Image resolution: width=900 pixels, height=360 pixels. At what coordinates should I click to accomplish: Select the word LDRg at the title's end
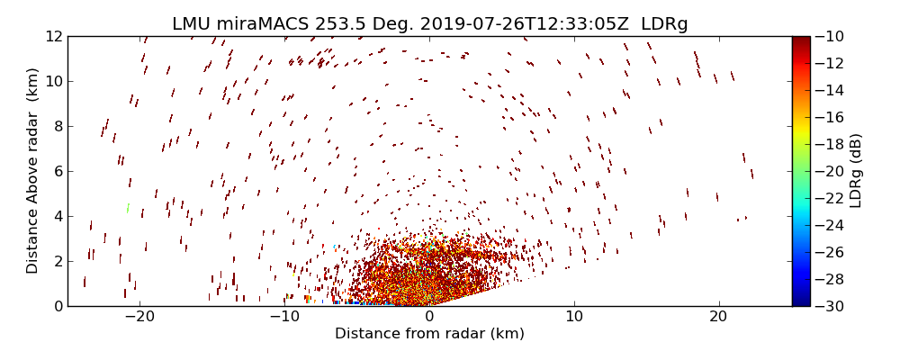point(664,24)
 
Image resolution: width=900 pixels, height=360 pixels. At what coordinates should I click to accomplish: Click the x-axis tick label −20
point(139,317)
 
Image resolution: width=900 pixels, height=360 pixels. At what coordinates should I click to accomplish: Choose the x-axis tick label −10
point(284,317)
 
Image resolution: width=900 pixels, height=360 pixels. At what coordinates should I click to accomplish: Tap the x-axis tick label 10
point(574,317)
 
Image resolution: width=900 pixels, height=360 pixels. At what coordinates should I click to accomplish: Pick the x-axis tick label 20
point(718,317)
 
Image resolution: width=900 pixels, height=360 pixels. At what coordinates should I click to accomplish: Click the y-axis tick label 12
point(53,37)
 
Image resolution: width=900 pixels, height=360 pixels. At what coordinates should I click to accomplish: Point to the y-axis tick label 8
point(57,126)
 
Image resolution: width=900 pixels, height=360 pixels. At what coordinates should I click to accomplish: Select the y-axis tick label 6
point(57,171)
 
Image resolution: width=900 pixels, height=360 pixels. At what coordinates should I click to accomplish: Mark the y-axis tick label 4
point(57,216)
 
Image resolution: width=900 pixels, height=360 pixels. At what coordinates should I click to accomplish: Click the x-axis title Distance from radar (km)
point(429,334)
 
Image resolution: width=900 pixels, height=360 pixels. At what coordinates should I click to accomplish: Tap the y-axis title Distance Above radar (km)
point(33,171)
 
